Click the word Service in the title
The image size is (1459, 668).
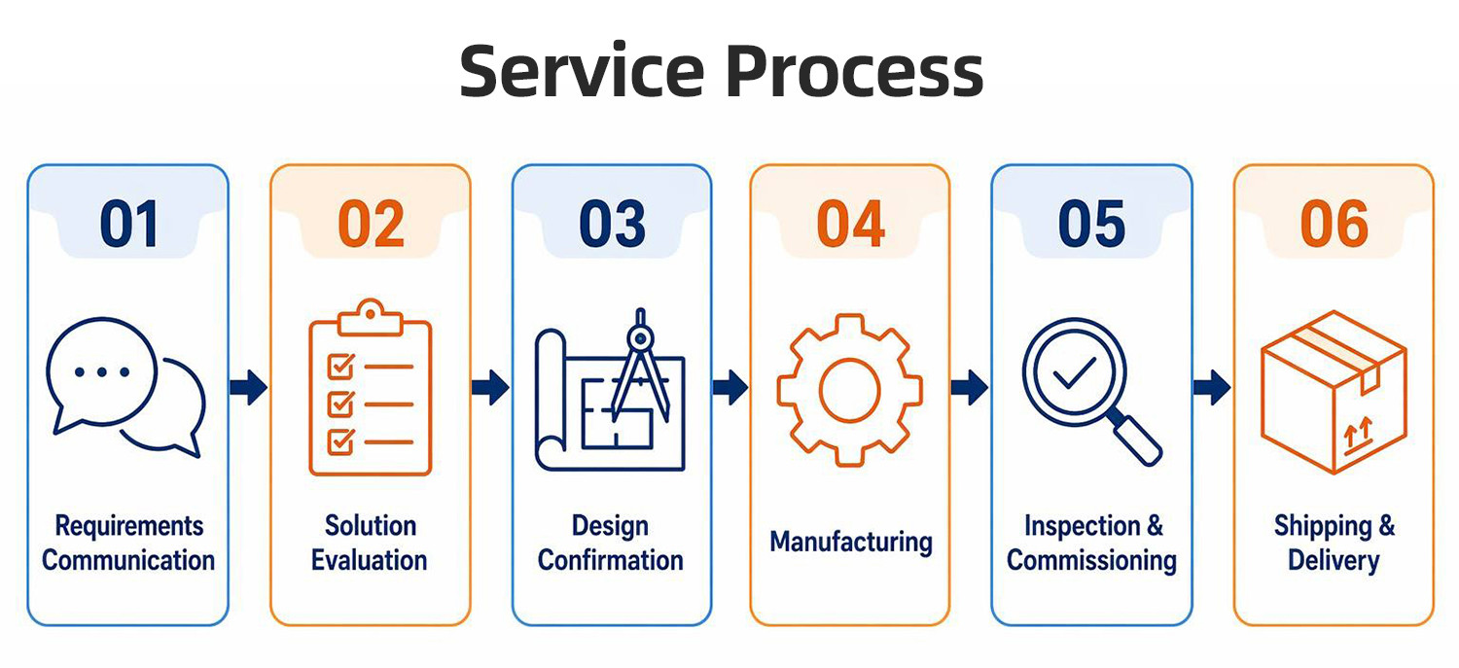(x=583, y=70)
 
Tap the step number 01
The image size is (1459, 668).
(x=129, y=224)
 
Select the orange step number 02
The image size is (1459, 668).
(x=371, y=224)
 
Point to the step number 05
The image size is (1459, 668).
(x=1091, y=224)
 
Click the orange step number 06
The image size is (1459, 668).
(x=1334, y=224)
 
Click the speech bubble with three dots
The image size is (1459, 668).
(x=101, y=374)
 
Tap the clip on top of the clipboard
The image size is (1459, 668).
(x=370, y=317)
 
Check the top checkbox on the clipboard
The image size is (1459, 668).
(x=341, y=367)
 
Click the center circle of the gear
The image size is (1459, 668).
(x=849, y=391)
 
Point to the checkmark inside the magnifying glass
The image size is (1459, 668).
(x=1074, y=373)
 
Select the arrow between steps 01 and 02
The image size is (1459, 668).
(x=248, y=387)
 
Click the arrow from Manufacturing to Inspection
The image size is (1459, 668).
(x=969, y=387)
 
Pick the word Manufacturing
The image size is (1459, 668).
(x=851, y=543)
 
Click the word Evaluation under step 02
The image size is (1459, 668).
(x=370, y=561)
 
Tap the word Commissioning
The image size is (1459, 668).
(x=1091, y=561)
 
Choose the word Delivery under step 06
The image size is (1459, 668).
(x=1334, y=561)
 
